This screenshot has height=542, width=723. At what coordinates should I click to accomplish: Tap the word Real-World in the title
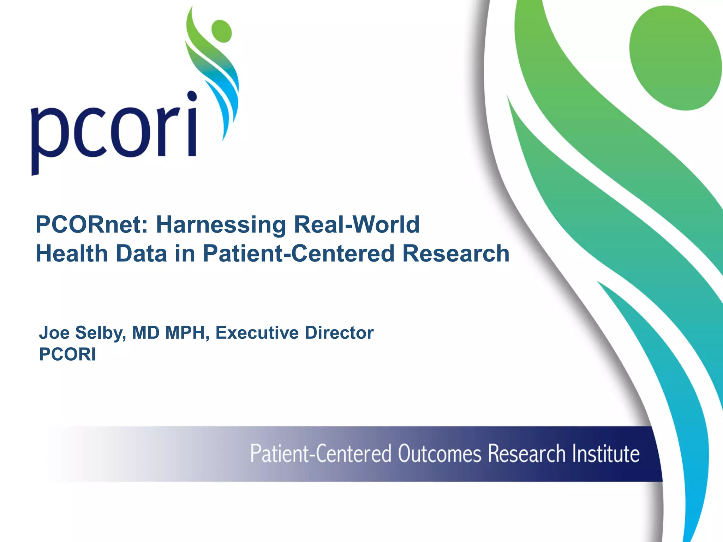[x=357, y=225]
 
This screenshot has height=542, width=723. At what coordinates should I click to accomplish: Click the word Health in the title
[x=72, y=254]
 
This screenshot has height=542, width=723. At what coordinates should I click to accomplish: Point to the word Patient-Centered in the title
[x=298, y=254]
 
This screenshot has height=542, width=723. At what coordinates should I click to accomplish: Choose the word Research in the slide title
[x=456, y=254]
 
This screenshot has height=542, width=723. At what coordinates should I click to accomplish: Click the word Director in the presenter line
[x=339, y=333]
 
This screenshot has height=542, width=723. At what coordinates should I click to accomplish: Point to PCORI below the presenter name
[x=67, y=354]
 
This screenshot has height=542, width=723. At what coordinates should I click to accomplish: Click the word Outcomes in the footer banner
[x=440, y=454]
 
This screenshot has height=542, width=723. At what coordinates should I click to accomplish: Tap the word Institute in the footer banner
[x=605, y=454]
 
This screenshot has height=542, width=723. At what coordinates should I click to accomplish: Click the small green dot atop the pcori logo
[x=221, y=31]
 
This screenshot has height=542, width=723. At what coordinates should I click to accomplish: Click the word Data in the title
[x=141, y=254]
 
